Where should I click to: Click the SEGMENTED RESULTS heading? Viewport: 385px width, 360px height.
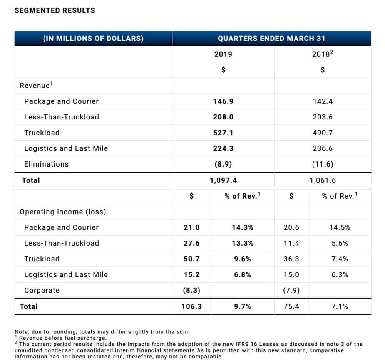pyautogui.click(x=55, y=10)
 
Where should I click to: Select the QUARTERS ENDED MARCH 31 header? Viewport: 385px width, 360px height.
pyautogui.click(x=271, y=38)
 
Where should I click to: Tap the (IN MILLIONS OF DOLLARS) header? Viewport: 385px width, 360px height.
pyautogui.click(x=93, y=38)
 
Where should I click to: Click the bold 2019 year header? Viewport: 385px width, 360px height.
pyautogui.click(x=223, y=54)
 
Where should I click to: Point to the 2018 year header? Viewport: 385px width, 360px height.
pyautogui.click(x=322, y=54)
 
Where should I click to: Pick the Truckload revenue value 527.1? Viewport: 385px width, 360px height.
pyautogui.click(x=223, y=133)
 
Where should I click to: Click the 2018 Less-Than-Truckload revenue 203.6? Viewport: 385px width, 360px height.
pyautogui.click(x=323, y=117)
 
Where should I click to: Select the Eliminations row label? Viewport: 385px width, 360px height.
pyautogui.click(x=47, y=164)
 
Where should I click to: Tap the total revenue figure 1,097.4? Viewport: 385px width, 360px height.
pyautogui.click(x=223, y=180)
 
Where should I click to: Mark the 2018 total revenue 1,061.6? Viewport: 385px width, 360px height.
pyautogui.click(x=323, y=180)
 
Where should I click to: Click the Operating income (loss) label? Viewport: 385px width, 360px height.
pyautogui.click(x=63, y=212)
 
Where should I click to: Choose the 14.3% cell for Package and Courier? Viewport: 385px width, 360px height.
pyautogui.click(x=242, y=227)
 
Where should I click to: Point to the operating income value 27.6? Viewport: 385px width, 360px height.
pyautogui.click(x=191, y=243)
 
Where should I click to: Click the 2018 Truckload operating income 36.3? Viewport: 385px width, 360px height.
pyautogui.click(x=291, y=259)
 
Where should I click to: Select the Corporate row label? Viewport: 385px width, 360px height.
pyautogui.click(x=42, y=291)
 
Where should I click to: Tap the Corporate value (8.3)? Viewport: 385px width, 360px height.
pyautogui.click(x=191, y=291)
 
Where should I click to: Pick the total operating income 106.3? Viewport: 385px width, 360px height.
pyautogui.click(x=191, y=306)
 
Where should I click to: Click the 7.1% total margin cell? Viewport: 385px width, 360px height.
pyautogui.click(x=340, y=306)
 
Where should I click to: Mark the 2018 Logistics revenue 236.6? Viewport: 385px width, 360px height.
pyautogui.click(x=323, y=148)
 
